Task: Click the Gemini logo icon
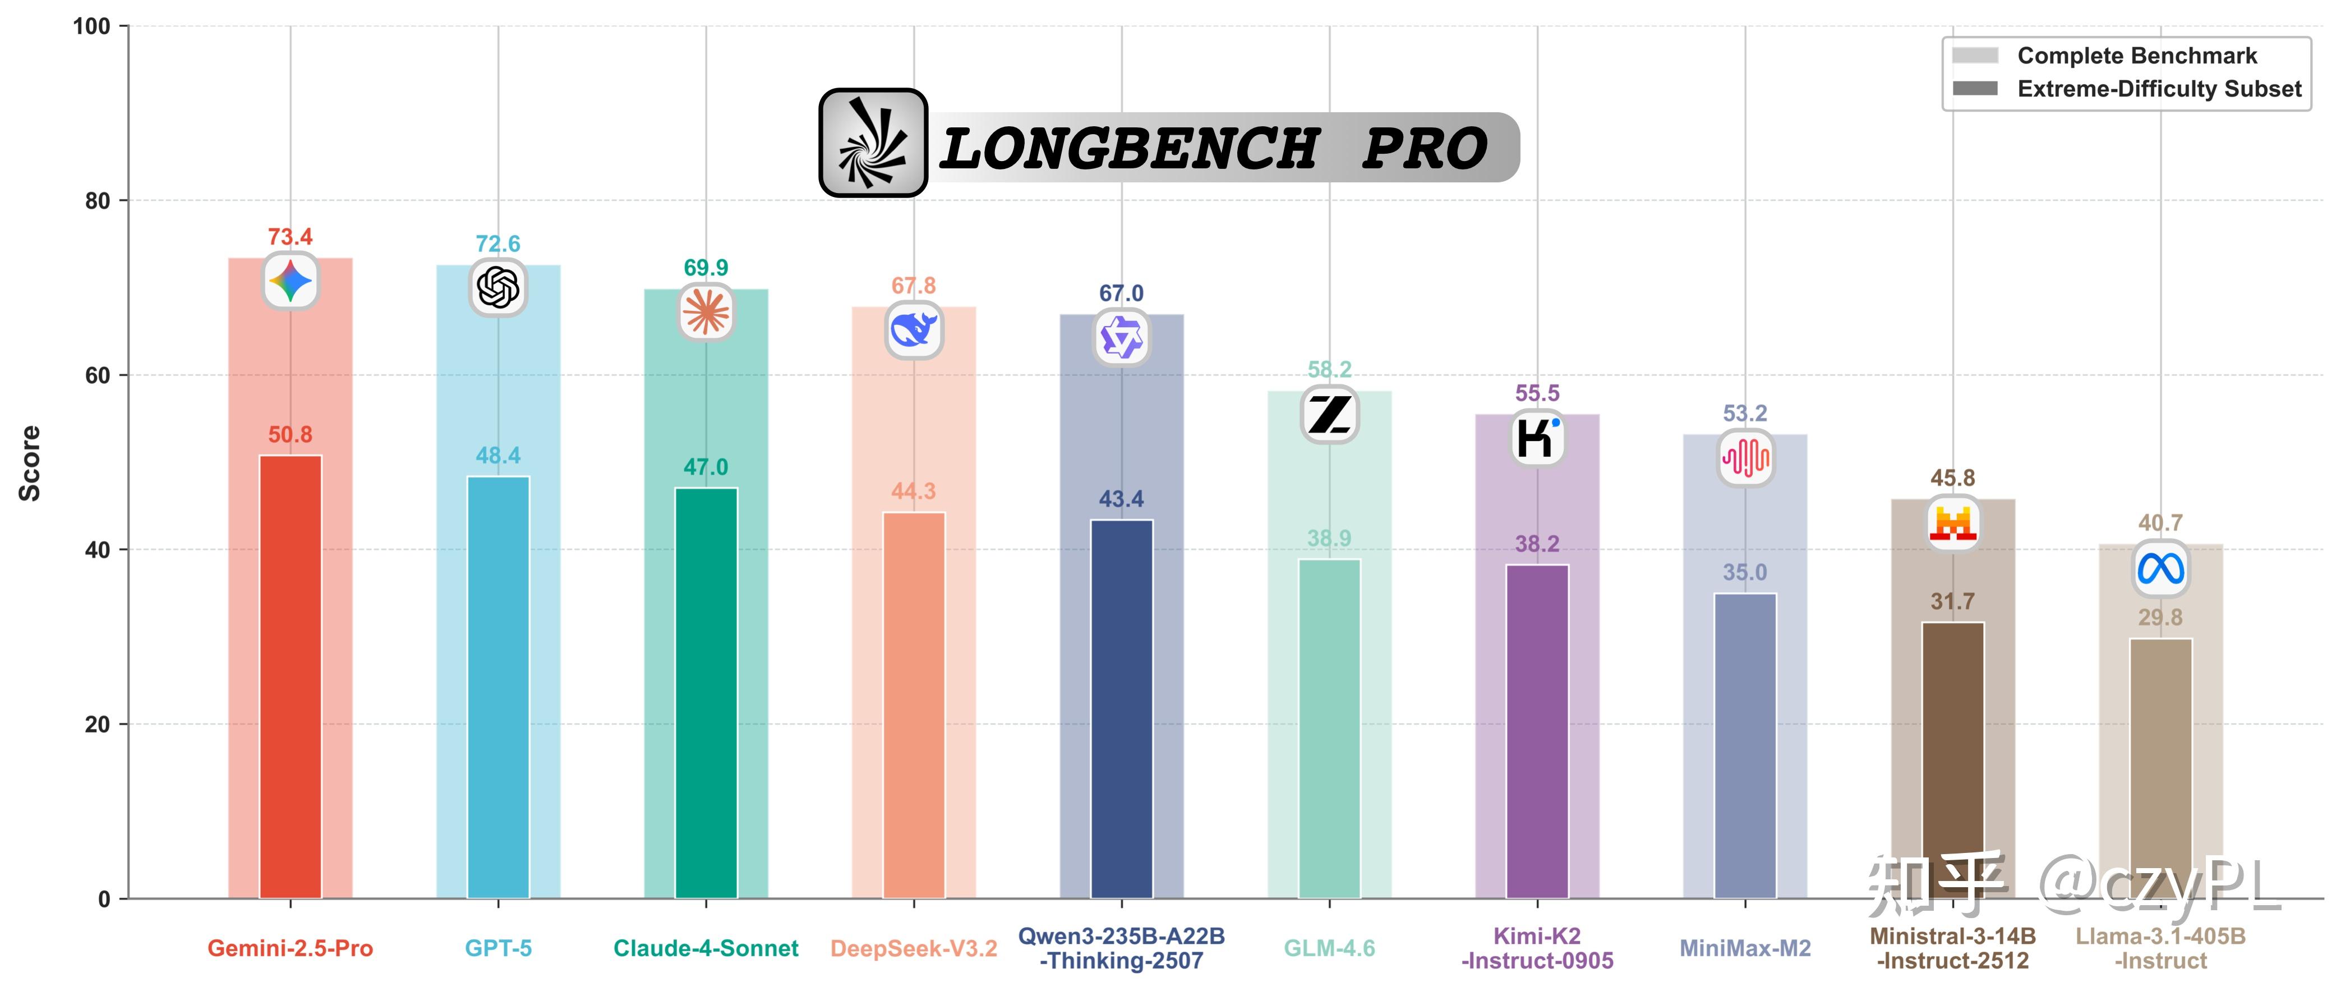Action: click(291, 281)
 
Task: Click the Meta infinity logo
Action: click(2160, 569)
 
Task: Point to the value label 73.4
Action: click(290, 237)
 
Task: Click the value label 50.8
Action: click(290, 434)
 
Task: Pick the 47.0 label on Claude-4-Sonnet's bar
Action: click(706, 467)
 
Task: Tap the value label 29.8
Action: click(2160, 617)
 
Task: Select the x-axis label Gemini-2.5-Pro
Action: click(290, 948)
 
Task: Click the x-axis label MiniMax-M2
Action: click(1745, 948)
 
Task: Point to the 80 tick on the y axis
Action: click(97, 201)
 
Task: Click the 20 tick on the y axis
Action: click(97, 724)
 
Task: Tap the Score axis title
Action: click(30, 463)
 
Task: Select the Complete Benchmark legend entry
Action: click(2136, 56)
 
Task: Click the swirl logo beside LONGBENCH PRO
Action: click(873, 143)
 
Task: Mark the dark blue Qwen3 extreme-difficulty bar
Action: click(1122, 709)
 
